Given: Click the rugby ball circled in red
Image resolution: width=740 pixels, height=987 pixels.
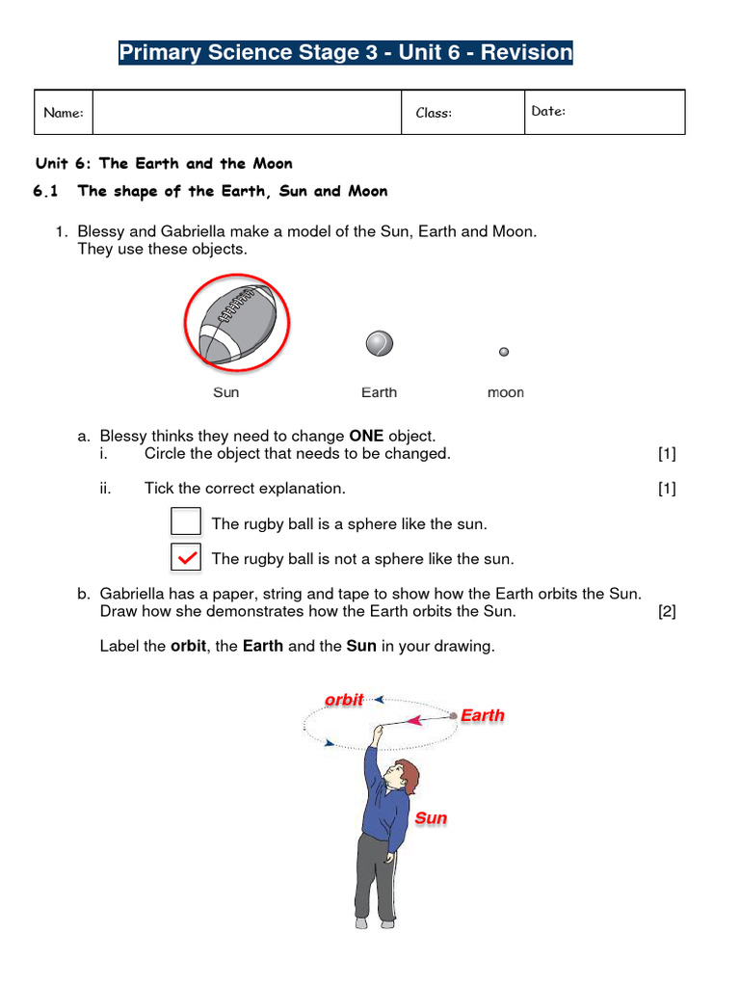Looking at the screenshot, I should click(237, 321).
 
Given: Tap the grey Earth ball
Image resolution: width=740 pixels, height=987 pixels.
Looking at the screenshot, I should click(379, 344).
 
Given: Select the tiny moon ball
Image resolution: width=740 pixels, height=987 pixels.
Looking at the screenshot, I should click(504, 353).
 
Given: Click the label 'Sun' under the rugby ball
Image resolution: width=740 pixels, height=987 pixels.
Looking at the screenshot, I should click(225, 392).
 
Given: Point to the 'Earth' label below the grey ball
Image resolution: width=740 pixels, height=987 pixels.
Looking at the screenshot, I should click(379, 392).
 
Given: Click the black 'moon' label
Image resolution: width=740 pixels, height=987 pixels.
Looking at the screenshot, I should click(505, 392).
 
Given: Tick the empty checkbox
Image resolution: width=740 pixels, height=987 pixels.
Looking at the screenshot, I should click(186, 521).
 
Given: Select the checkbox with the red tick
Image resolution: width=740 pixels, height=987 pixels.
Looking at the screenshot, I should click(186, 557).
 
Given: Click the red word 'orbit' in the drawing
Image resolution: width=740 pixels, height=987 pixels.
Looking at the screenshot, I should click(344, 700).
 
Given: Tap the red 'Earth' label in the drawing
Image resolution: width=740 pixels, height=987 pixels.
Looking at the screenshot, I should click(482, 715).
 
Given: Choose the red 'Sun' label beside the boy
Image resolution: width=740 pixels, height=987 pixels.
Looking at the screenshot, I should click(431, 818).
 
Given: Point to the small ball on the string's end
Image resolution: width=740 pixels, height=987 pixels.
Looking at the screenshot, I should click(453, 715).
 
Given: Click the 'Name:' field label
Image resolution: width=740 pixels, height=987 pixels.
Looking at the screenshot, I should click(64, 114).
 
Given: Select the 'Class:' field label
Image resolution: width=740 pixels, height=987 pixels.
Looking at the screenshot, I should click(434, 114).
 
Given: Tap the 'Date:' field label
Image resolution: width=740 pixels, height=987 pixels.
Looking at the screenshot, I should click(548, 112).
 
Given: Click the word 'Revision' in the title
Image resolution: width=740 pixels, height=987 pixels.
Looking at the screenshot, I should click(526, 53).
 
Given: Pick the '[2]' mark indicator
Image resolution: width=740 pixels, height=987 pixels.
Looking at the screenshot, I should click(667, 612).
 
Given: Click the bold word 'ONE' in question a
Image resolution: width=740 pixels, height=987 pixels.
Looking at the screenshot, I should click(366, 437).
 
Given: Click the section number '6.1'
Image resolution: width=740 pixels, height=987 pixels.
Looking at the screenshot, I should click(46, 191).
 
